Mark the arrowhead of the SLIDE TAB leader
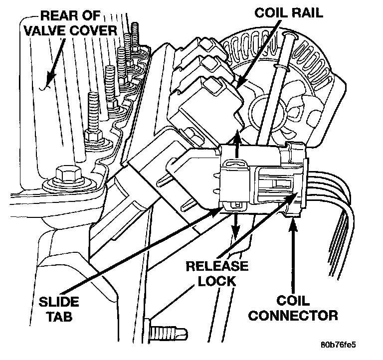tap(216, 212)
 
